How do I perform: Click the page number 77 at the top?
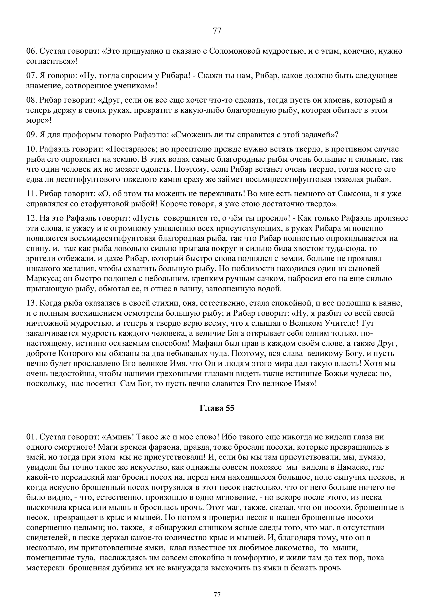pyautogui.click(x=217, y=31)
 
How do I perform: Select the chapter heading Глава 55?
pyautogui.click(x=217, y=408)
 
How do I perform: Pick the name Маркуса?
pyautogui.click(x=44, y=279)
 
